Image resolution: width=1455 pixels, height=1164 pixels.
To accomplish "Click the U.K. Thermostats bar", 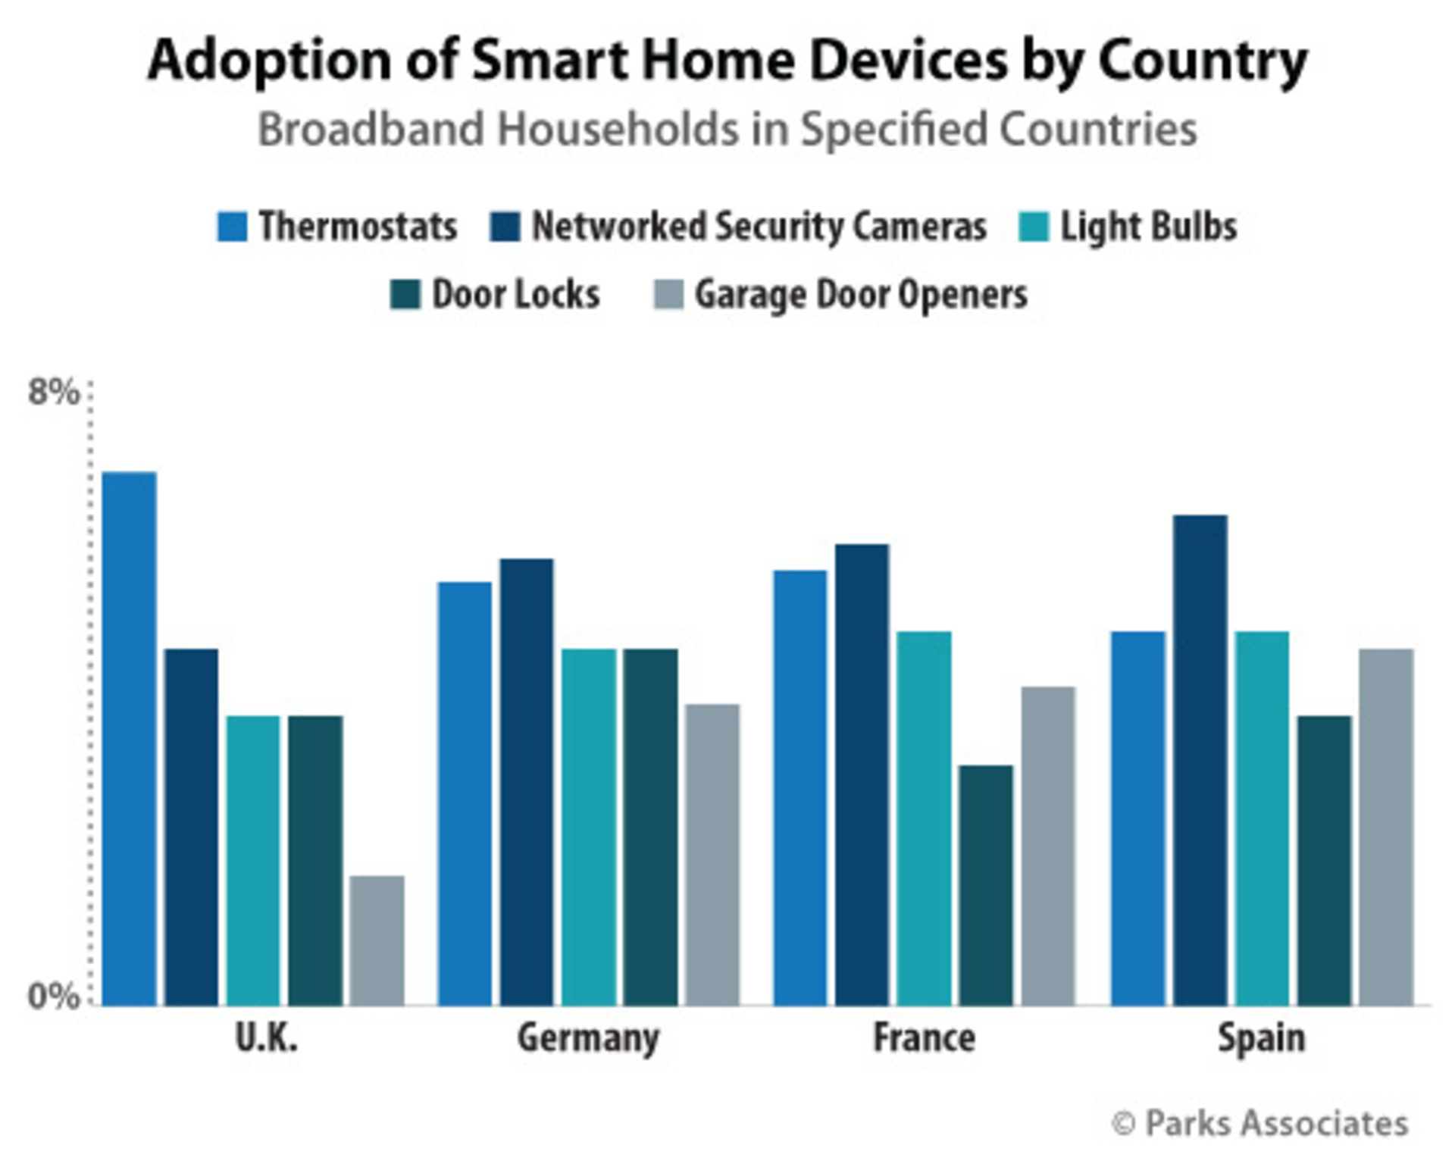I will point(130,739).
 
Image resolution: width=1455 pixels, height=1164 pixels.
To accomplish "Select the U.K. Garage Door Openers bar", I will point(377,940).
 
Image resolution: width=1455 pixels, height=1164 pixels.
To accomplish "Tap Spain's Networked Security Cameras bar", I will point(1200,760).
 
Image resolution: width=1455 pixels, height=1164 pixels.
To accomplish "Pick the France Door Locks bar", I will point(986,885).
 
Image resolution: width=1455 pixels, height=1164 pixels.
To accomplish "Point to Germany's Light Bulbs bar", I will point(589,827).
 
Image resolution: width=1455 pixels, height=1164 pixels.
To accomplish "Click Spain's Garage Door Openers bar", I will point(1386,827).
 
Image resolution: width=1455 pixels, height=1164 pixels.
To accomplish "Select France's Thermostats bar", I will point(800,788).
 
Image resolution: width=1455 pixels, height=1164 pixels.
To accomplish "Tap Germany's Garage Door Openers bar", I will point(712,855).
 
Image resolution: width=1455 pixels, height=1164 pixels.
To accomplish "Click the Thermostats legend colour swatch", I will point(232,227).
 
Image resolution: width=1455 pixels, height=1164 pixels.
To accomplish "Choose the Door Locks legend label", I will point(515,295).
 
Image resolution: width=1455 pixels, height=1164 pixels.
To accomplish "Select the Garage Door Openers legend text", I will point(861,295).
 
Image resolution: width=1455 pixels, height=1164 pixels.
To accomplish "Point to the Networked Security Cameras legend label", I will point(759,227).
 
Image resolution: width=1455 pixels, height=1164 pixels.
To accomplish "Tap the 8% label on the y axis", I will point(53,393).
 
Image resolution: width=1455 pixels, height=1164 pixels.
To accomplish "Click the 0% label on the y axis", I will point(53,996).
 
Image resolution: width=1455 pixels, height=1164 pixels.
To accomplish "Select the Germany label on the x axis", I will point(588,1038).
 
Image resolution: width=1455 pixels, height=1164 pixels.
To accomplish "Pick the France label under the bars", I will point(924,1038).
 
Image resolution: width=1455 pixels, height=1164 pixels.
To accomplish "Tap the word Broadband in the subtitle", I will point(371,130).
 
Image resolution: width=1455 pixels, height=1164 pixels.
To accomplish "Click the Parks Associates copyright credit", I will point(1260,1124).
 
